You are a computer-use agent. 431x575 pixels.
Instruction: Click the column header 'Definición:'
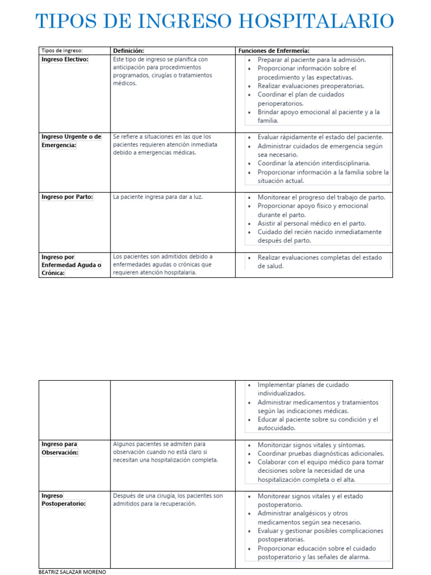pos(129,51)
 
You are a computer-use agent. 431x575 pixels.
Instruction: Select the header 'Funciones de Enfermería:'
pos(274,51)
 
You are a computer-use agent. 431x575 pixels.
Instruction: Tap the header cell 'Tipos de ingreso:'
pos(62,51)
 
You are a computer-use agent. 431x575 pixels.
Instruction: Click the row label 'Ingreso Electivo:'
pos(65,60)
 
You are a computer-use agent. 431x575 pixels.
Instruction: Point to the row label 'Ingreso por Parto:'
pos(67,197)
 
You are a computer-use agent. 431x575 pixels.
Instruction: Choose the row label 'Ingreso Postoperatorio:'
pos(63,500)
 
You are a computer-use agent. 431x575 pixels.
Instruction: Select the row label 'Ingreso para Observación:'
pos(60,448)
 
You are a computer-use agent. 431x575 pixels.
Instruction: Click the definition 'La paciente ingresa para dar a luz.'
pos(157,197)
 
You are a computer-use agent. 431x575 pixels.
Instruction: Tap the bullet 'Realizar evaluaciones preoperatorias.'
pos(310,86)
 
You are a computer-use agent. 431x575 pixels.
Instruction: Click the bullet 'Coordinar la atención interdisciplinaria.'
pos(314,163)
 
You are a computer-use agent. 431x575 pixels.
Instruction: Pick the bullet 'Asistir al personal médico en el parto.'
pos(311,223)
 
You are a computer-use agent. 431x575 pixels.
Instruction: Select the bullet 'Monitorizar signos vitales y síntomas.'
pos(311,445)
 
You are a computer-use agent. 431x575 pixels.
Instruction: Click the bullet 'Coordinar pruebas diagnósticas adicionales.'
pos(320,453)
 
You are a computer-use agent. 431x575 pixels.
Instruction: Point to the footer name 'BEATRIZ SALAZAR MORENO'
pos(72,571)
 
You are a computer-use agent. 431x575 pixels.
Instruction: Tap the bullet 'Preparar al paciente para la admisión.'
pos(311,60)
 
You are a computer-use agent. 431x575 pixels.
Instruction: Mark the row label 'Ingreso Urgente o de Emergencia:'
pos(71,140)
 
